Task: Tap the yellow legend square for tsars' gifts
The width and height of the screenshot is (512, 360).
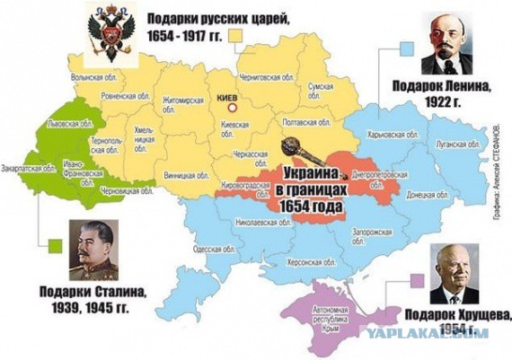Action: click(x=237, y=34)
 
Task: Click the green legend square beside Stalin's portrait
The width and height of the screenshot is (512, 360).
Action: click(x=56, y=243)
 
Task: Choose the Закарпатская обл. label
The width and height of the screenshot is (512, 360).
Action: click(x=24, y=166)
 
